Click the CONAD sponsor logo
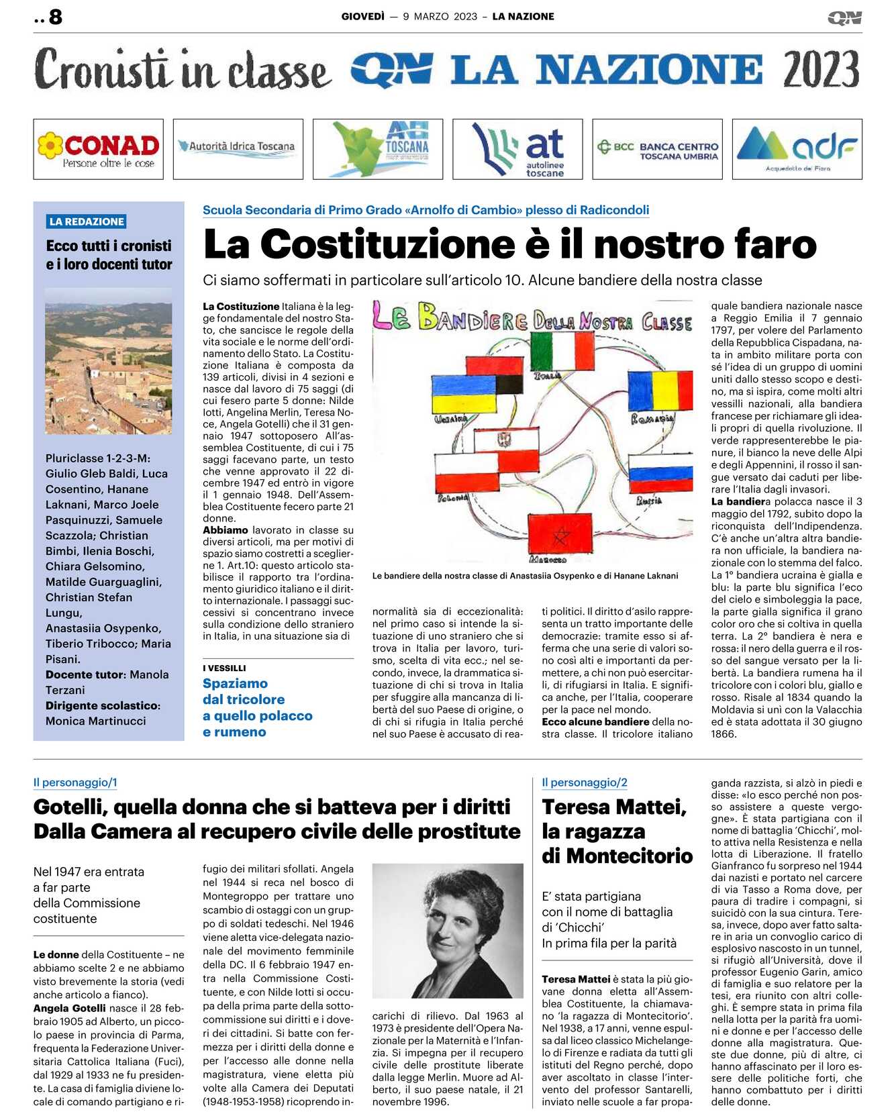pos(99,149)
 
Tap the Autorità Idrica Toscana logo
pos(238,146)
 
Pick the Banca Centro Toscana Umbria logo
pos(657,149)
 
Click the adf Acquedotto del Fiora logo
pos(797,149)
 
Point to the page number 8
pos(55,17)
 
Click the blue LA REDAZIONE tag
pos(87,221)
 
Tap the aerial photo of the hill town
pos(109,360)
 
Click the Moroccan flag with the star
pos(560,534)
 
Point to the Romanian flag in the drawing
pos(660,391)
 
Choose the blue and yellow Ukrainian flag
pos(464,393)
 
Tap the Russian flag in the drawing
pos(660,473)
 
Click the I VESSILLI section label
pos(224,668)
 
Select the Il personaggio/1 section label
pos(75,782)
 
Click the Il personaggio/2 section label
pos(584,782)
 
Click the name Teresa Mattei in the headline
pos(614,807)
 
